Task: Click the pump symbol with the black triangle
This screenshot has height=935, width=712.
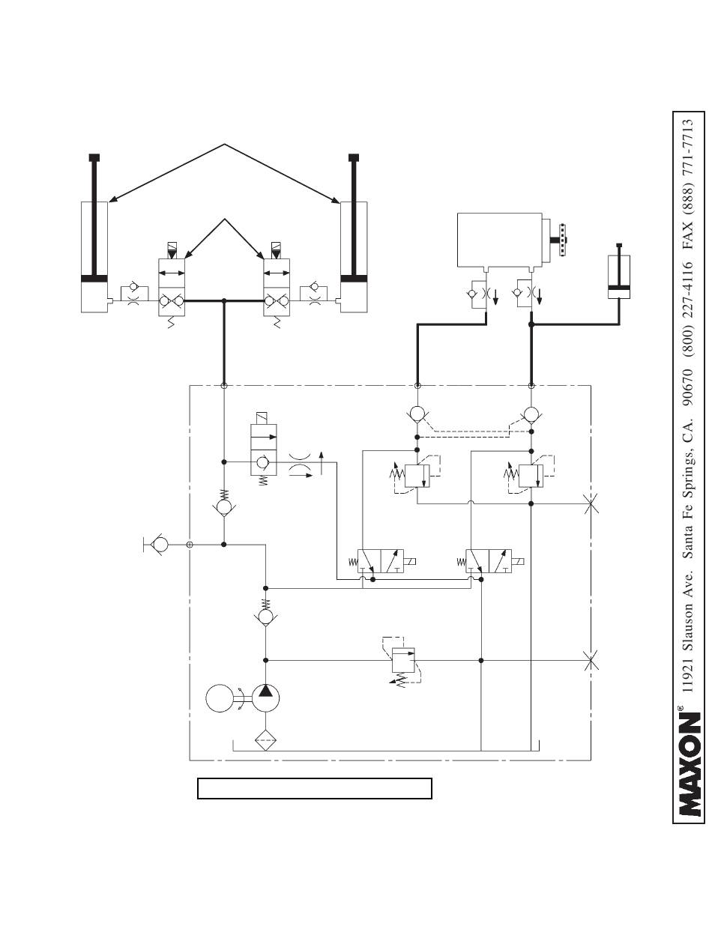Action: click(x=265, y=698)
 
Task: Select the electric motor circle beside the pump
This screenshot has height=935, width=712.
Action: click(x=220, y=698)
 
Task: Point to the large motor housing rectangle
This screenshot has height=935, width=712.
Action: click(x=499, y=240)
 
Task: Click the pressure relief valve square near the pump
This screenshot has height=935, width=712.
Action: click(x=403, y=660)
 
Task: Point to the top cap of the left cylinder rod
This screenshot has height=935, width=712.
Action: click(x=94, y=157)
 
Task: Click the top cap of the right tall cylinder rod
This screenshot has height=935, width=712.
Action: click(x=354, y=157)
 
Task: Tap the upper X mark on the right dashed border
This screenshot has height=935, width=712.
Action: click(x=591, y=503)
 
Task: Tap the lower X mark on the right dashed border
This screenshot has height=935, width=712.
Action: click(x=591, y=660)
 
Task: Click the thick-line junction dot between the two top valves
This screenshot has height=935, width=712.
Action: click(x=224, y=301)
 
